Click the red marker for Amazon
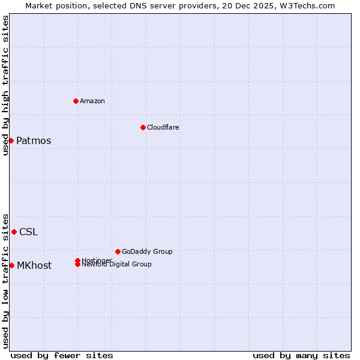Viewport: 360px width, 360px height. tap(76, 101)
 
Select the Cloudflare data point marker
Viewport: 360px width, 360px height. tap(143, 127)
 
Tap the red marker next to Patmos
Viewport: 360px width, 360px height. tap(11, 140)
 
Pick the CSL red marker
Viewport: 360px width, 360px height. tap(14, 232)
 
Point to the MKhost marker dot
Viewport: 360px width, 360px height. tap(11, 265)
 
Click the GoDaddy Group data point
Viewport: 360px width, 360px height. tap(118, 251)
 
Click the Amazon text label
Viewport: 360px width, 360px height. tap(92, 101)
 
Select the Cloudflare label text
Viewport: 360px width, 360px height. tap(163, 127)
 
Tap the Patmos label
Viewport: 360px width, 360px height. tap(34, 141)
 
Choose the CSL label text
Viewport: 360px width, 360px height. tap(28, 232)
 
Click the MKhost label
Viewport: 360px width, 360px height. tap(34, 266)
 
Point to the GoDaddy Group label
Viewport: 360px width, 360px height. tap(146, 251)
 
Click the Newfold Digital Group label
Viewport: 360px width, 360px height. tap(116, 265)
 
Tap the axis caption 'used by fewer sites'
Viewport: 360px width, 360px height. tap(62, 355)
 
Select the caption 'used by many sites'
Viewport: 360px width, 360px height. tap(301, 355)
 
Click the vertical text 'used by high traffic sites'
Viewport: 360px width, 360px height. tap(5, 85)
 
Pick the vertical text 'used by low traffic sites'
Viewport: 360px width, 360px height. tap(5, 281)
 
